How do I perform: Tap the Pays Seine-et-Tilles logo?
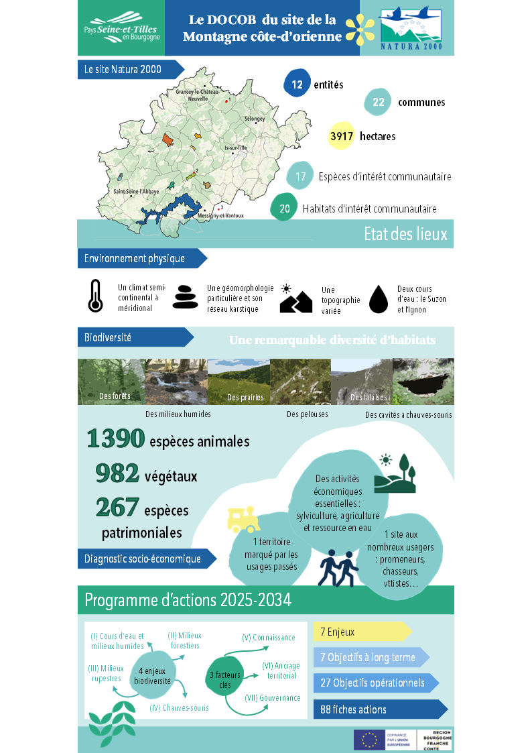[x=121, y=30]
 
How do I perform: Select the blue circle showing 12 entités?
[x=297, y=84]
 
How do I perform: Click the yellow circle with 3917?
[x=341, y=136]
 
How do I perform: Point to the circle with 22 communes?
[x=379, y=102]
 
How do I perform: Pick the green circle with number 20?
[x=284, y=209]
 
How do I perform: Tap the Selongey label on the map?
[x=255, y=119]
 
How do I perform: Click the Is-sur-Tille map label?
[x=235, y=148]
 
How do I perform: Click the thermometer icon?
[x=96, y=296]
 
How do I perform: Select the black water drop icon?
[x=379, y=299]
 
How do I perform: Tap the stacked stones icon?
[x=186, y=297]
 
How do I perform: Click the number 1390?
[x=115, y=439]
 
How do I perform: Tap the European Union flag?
[x=369, y=740]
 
